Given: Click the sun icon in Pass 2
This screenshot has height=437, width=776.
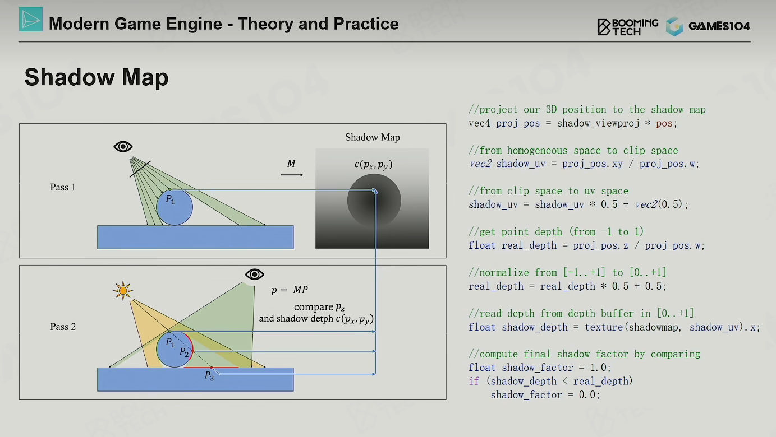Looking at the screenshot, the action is coord(123,291).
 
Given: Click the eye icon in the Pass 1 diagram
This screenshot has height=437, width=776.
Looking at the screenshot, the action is coord(123,147).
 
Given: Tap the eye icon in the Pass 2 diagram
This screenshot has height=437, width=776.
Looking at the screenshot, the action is coord(255,275).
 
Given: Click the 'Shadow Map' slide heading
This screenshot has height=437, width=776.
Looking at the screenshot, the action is coord(97,77).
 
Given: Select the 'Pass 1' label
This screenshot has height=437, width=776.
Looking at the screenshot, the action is coord(63,187).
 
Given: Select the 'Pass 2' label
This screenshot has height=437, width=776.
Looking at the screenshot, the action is coord(63,327).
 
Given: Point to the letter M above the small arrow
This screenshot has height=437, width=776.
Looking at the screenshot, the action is coord(291,163).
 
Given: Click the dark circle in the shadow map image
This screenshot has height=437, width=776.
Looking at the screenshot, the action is coord(374,201).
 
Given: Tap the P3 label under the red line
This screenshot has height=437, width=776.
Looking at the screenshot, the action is coord(209,376).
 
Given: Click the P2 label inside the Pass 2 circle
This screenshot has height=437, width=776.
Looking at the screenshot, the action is coord(184,352).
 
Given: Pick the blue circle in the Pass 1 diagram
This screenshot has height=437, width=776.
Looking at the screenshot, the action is coord(175,207).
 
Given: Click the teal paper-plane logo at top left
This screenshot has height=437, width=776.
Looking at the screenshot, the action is coord(31,20).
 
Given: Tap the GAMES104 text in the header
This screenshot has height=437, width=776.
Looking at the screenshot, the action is coord(719,26).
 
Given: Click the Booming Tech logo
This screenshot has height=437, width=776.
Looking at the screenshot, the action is coord(628,27).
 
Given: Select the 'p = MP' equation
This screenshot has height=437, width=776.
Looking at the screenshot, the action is coord(290,290).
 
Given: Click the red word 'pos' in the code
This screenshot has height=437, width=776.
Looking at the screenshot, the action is coord(664,123).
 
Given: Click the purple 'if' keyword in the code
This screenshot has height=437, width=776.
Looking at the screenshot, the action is coord(474,382).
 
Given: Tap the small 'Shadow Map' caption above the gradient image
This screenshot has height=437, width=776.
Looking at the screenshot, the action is coord(373,137).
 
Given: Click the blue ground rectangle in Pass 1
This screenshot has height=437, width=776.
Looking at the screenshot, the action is coord(195,238).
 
